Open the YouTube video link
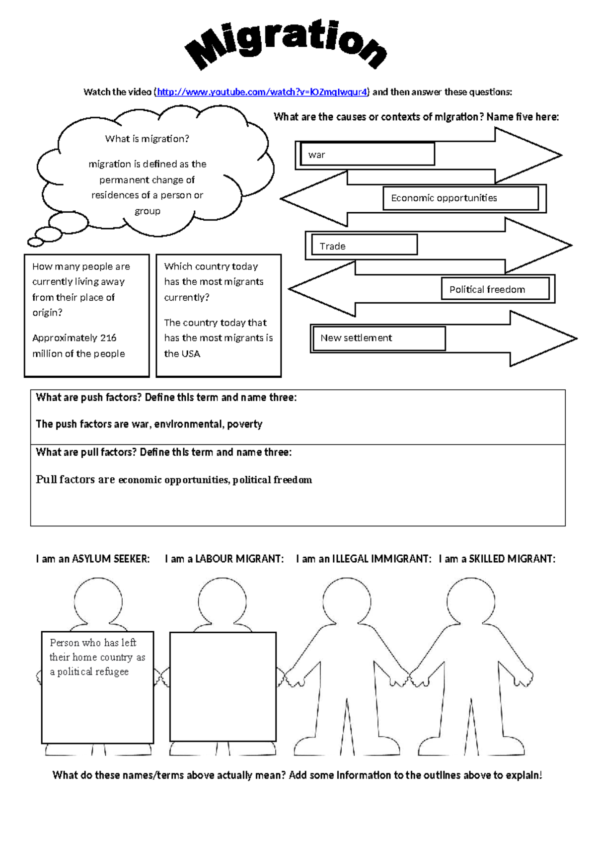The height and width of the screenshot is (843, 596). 262,92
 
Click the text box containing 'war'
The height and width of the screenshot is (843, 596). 367,154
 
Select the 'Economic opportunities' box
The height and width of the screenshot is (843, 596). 460,198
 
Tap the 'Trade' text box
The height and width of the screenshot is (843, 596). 364,245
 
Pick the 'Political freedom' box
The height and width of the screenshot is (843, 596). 495,289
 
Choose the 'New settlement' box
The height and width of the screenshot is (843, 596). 379,338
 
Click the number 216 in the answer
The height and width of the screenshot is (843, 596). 108,338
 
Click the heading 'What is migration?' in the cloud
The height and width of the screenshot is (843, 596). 147,139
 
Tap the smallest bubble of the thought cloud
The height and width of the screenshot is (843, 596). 36,242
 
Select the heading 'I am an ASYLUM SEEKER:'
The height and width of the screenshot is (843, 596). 92,559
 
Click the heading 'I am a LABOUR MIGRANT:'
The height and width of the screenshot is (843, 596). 224,559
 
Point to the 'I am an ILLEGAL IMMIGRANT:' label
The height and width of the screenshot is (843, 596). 364,559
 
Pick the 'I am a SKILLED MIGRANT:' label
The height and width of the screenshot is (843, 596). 497,559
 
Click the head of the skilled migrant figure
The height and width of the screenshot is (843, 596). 470,601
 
